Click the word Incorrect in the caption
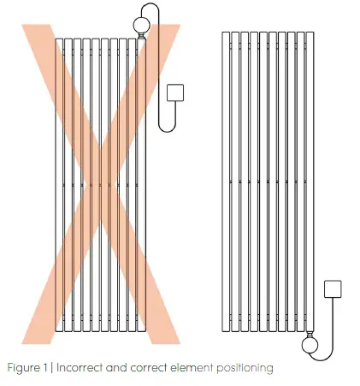click(90, 368)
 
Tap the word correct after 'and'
click(154, 368)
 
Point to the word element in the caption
click(197, 368)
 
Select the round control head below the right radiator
click(310, 346)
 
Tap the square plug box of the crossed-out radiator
click(178, 92)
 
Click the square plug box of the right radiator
click(335, 290)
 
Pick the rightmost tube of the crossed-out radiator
click(143, 184)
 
